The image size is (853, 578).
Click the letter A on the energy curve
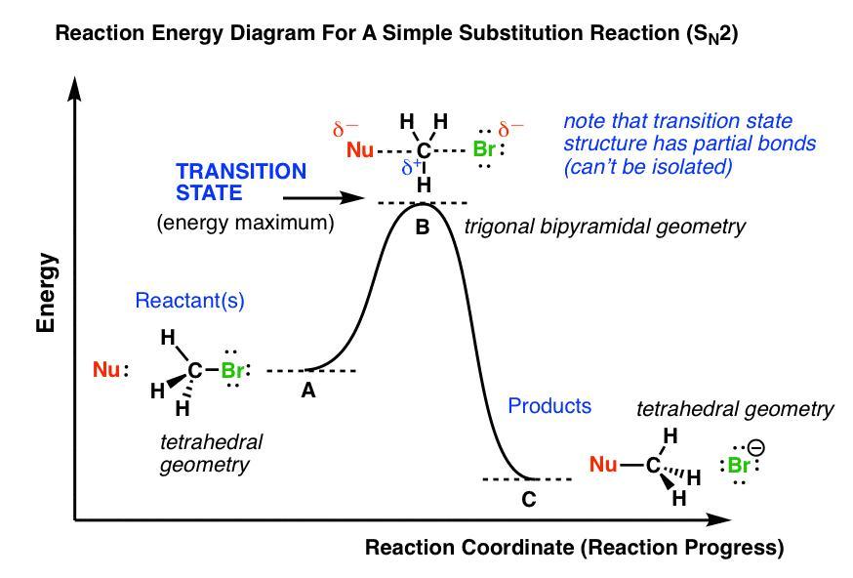[308, 391]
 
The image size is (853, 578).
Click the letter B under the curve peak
[423, 227]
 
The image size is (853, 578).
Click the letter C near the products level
[528, 500]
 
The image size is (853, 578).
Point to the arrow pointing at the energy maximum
[331, 198]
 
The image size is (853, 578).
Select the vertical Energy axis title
[47, 293]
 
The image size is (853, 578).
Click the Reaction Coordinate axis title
[574, 548]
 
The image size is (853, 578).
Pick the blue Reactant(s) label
[189, 302]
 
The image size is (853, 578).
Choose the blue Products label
[549, 405]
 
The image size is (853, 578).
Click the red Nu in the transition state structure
[360, 151]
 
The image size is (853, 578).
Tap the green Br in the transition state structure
[485, 150]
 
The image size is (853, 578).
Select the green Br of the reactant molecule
[232, 371]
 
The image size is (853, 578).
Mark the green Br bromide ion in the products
[740, 466]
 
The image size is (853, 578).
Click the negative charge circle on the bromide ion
[756, 448]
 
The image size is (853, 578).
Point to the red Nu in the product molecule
[603, 465]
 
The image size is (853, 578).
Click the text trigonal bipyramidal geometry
[605, 227]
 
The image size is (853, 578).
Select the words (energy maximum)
[245, 223]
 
